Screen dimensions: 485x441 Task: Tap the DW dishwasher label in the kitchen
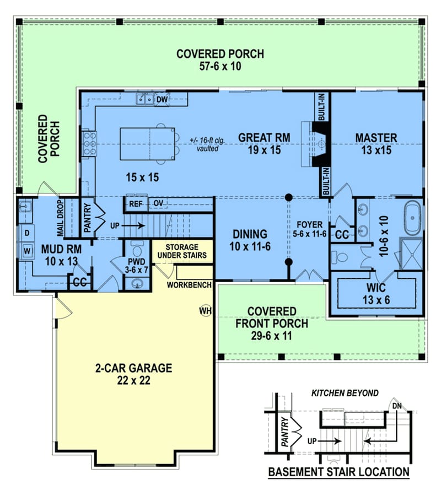pyautogui.click(x=162, y=100)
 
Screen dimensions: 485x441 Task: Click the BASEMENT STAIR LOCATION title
pyautogui.click(x=338, y=472)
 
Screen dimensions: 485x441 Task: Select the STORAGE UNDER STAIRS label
pyautogui.click(x=182, y=251)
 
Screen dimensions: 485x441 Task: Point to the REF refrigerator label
pyautogui.click(x=136, y=204)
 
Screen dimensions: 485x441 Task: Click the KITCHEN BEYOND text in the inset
pyautogui.click(x=345, y=393)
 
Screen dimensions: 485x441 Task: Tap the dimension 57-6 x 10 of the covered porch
pyautogui.click(x=220, y=66)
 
